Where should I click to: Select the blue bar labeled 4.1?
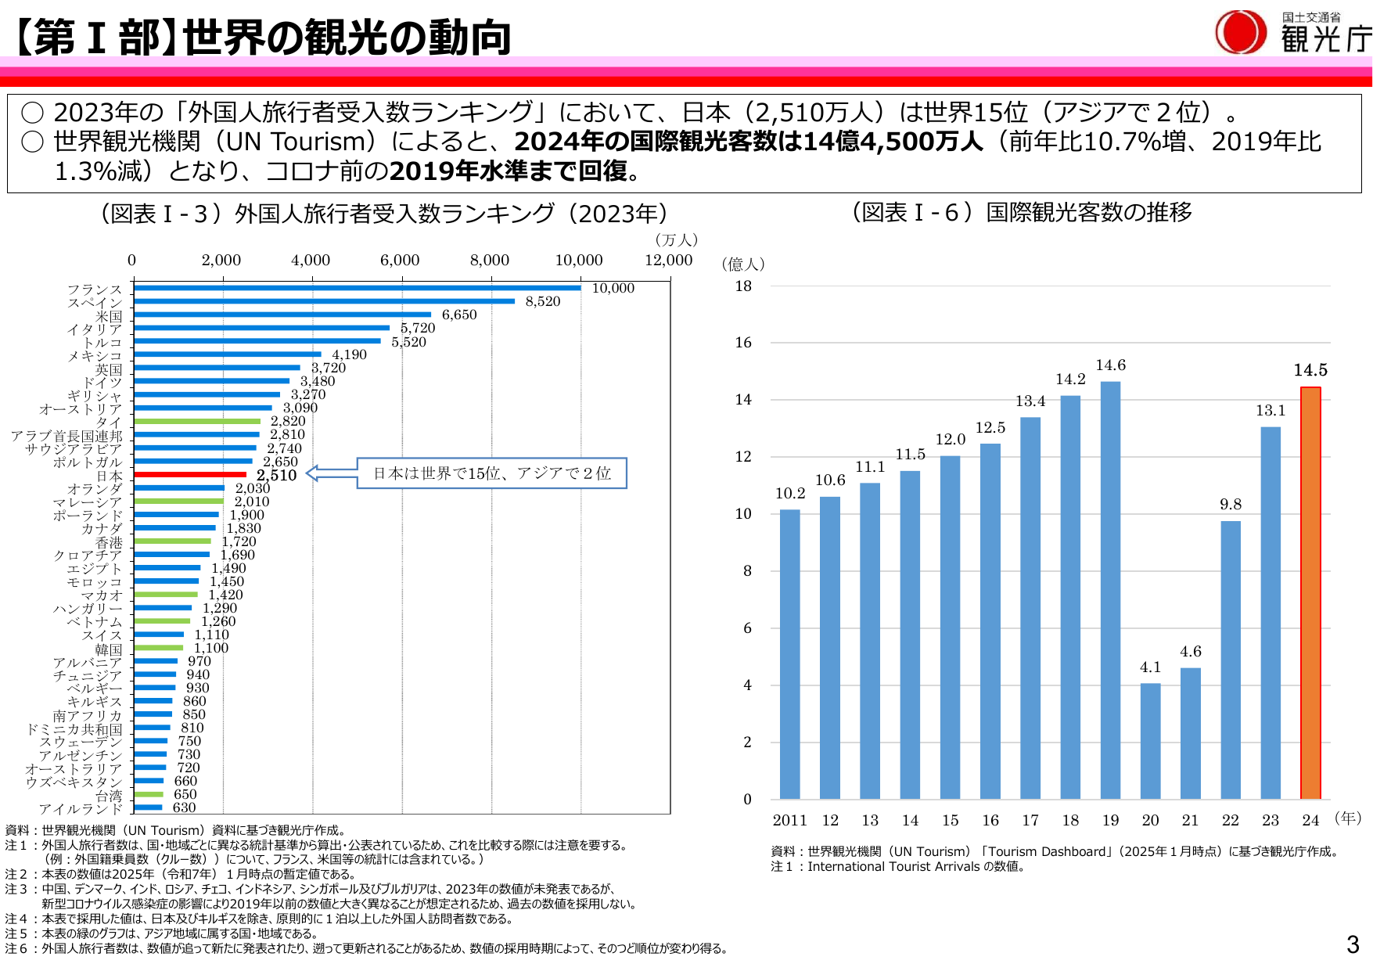coord(1150,741)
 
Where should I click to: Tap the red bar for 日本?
coord(190,475)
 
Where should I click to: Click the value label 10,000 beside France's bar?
coord(613,289)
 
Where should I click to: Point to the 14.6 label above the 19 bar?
coord(1110,365)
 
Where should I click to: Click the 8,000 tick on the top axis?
coord(489,261)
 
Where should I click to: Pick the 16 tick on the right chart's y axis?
coord(743,343)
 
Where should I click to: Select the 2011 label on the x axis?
coord(789,820)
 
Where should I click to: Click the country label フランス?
coord(95,290)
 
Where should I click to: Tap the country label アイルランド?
coord(81,808)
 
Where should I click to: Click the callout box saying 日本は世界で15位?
coord(491,473)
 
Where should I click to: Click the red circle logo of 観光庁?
coord(1240,33)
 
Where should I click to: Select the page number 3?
coord(1353,945)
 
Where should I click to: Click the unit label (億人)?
coord(742,264)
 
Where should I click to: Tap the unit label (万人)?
coord(676,240)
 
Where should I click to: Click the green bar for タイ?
coord(197,421)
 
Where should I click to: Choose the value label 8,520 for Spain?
coord(542,302)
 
